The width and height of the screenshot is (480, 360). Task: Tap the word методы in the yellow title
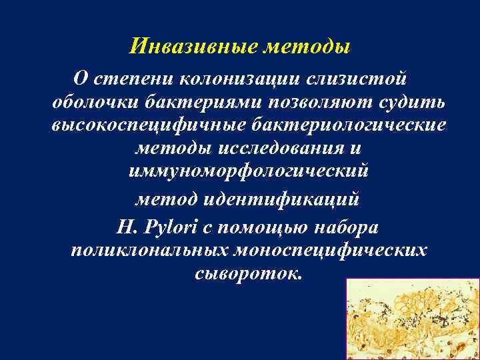307,46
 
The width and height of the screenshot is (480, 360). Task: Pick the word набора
352,227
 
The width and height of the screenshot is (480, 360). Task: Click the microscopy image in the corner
413,319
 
